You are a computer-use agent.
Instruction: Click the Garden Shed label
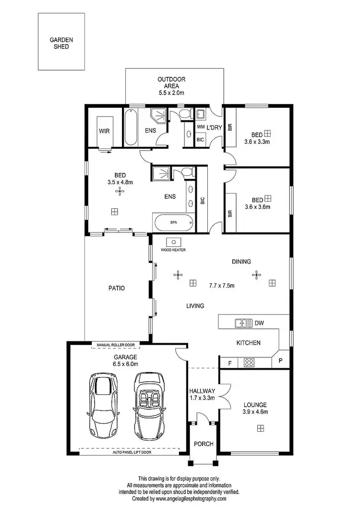[x=61, y=44]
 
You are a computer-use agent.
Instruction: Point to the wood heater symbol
[x=173, y=242]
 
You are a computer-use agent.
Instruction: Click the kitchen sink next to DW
[x=243, y=323]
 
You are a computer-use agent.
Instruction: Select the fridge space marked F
[x=229, y=363]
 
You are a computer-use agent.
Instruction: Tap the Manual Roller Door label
[x=116, y=345]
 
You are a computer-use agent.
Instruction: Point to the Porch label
[x=204, y=444]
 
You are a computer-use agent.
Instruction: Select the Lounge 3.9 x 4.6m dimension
[x=255, y=412]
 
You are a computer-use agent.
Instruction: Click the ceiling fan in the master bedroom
[x=119, y=192]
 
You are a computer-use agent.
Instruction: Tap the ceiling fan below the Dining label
[x=256, y=275]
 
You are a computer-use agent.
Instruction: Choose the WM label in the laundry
[x=201, y=127]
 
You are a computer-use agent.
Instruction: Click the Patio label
[x=116, y=288]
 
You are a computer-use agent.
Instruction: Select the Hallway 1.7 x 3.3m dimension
[x=202, y=398]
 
